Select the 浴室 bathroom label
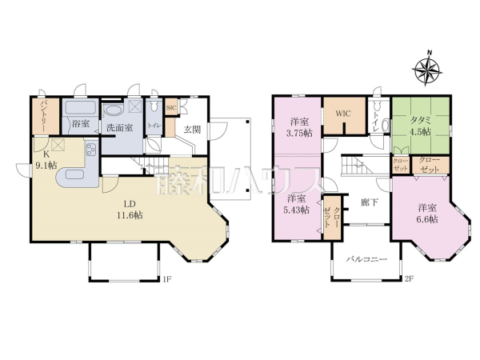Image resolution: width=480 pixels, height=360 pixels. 79,124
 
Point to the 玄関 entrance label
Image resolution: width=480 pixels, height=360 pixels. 193,129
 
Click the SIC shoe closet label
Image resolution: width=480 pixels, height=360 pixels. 170,108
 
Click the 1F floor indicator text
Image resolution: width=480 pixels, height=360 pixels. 167,279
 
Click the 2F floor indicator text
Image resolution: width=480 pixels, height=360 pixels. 408,279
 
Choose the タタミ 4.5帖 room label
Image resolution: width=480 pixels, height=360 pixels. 420,126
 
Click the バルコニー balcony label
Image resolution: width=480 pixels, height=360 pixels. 366,259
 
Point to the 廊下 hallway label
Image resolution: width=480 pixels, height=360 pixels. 369,203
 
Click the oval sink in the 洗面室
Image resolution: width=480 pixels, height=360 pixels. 114,110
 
